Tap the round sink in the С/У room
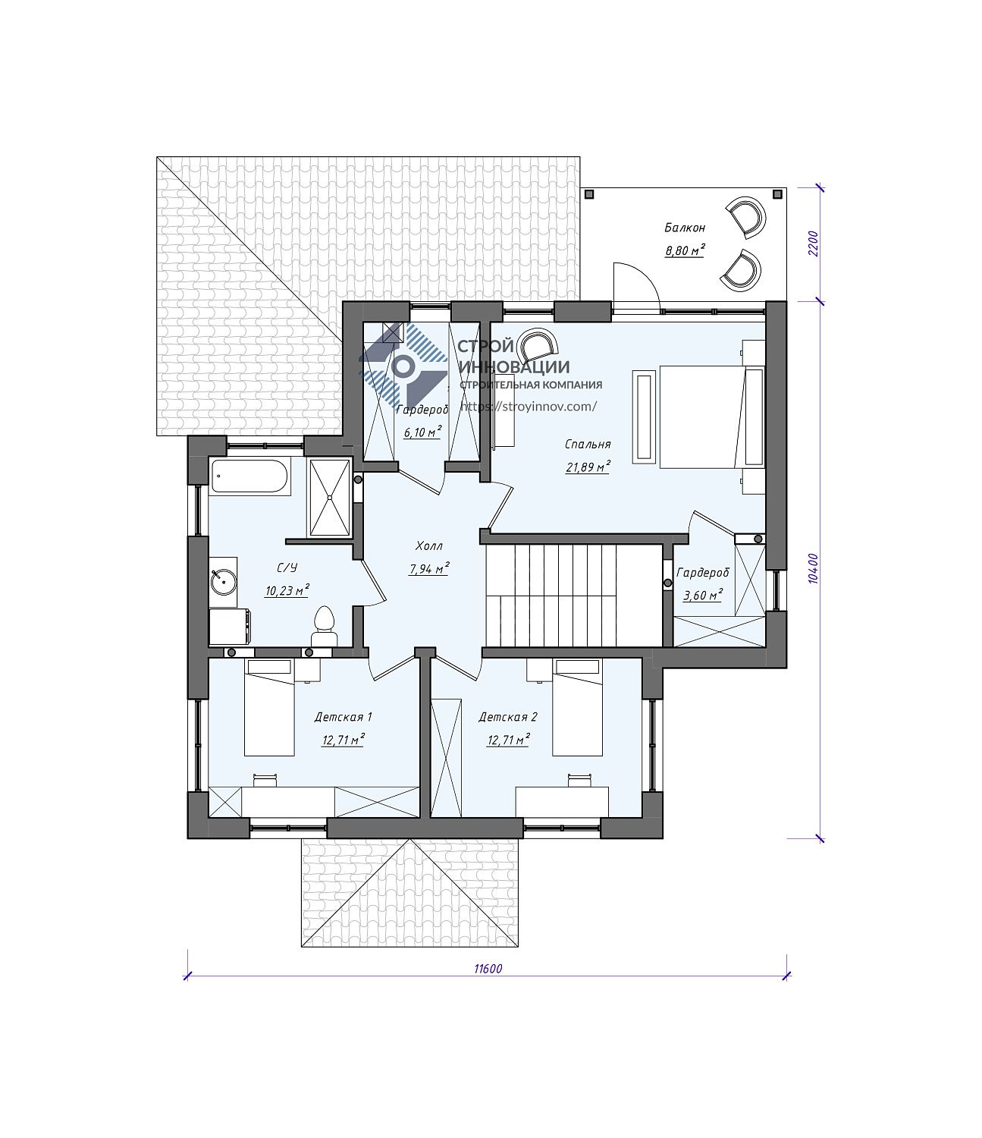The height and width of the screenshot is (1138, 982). click(224, 581)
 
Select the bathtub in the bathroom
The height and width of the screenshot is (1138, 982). click(249, 476)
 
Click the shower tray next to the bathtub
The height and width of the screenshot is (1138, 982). click(330, 497)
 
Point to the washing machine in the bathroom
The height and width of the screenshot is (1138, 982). click(230, 626)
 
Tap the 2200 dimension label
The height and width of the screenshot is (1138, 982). click(814, 244)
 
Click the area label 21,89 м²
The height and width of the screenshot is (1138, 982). click(588, 467)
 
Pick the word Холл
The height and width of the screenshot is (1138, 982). click(429, 546)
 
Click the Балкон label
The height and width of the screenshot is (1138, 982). click(685, 228)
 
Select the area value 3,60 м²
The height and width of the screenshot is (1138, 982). click(702, 595)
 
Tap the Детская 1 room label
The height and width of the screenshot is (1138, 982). click(343, 717)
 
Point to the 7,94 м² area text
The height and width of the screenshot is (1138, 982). click(428, 568)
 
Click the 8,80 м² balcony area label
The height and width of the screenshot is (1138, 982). click(685, 250)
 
